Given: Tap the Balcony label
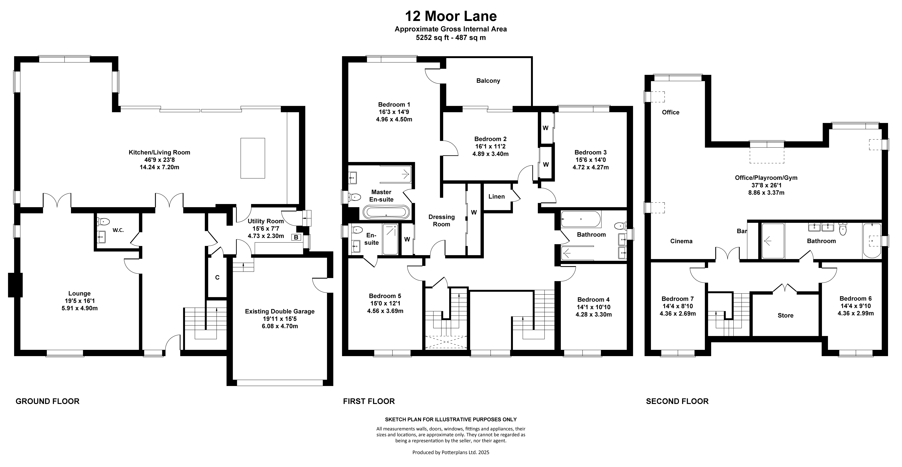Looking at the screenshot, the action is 488,81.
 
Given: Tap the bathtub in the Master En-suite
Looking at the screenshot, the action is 386,212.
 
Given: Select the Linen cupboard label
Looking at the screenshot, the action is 497,196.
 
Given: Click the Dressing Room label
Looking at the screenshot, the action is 441,221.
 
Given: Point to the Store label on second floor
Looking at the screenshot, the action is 785,315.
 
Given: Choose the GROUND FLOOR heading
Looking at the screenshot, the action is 48,401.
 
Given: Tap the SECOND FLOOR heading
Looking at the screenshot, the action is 677,401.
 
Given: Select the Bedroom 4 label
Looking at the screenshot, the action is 594,300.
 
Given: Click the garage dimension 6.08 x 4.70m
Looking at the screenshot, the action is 280,326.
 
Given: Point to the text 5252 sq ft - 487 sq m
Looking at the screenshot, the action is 451,38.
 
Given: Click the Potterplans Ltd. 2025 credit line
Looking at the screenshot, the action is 451,452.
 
